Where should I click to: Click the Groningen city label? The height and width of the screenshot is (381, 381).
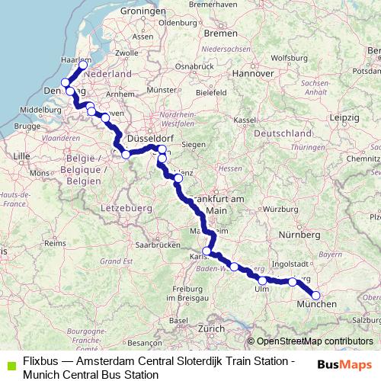click(x=142, y=13)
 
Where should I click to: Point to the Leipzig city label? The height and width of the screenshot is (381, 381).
click(x=345, y=118)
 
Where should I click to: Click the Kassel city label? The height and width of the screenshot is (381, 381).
click(x=244, y=120)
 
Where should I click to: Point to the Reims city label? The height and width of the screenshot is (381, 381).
click(x=54, y=242)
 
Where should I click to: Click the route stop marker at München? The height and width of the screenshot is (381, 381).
click(x=316, y=296)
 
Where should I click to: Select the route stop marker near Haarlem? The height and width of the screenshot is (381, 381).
click(x=82, y=64)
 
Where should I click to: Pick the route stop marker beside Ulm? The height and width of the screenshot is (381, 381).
click(x=263, y=280)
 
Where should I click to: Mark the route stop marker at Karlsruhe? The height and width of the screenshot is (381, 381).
click(x=206, y=250)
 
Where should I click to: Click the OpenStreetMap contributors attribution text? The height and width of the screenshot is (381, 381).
click(x=315, y=341)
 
